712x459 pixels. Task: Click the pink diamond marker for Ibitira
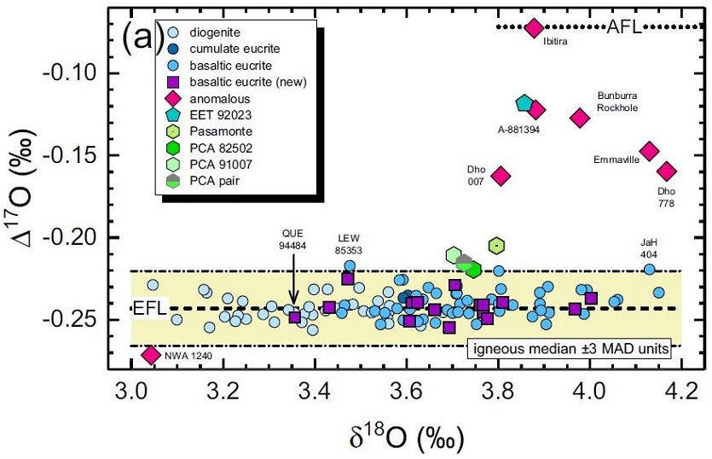pyautogui.click(x=535, y=28)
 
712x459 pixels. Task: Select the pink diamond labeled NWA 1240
pyautogui.click(x=151, y=354)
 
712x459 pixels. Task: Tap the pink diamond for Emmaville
pyautogui.click(x=650, y=151)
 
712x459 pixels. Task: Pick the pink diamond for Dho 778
pyautogui.click(x=667, y=171)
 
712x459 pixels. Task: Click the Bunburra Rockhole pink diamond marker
pyautogui.click(x=580, y=118)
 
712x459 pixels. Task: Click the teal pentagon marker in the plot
pyautogui.click(x=524, y=104)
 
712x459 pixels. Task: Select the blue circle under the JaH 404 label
pyautogui.click(x=649, y=270)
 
